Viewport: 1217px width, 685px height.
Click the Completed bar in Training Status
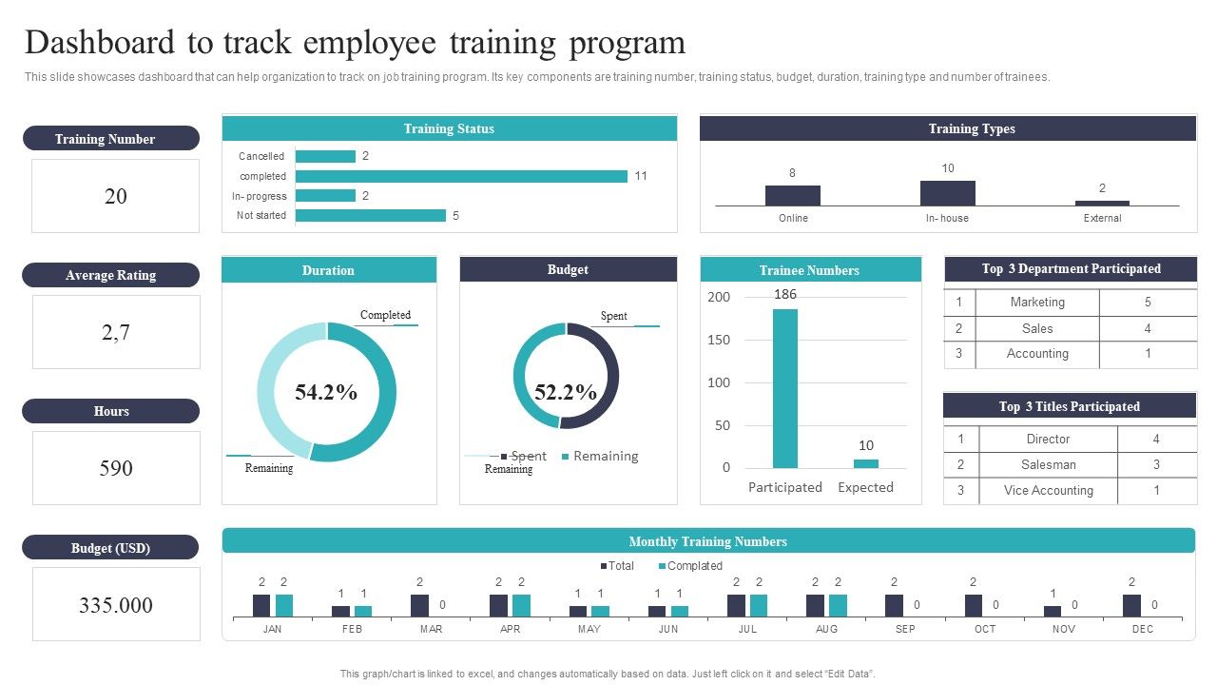tap(461, 176)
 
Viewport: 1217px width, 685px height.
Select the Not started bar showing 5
tap(371, 216)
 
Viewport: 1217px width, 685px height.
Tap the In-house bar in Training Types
tap(947, 193)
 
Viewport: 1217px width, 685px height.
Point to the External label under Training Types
tap(1102, 219)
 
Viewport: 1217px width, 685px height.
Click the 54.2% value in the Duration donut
tap(326, 392)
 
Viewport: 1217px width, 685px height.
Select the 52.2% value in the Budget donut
tap(566, 392)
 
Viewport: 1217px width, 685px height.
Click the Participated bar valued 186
tap(784, 388)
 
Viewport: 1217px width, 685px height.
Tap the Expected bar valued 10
tap(865, 463)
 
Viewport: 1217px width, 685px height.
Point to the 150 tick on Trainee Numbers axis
tap(720, 340)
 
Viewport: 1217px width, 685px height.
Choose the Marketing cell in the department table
tap(1037, 303)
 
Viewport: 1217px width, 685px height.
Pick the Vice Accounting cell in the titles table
tap(1049, 491)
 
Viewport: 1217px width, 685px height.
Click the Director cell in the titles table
tap(1048, 440)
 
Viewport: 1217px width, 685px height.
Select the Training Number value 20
tap(115, 197)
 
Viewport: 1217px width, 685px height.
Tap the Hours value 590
tap(116, 468)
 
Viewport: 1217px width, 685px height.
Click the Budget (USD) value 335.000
tap(116, 606)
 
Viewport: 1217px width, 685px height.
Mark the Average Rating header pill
tap(110, 275)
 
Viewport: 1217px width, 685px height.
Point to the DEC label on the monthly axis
tap(1143, 629)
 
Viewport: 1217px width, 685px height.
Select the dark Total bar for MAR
tap(419, 606)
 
